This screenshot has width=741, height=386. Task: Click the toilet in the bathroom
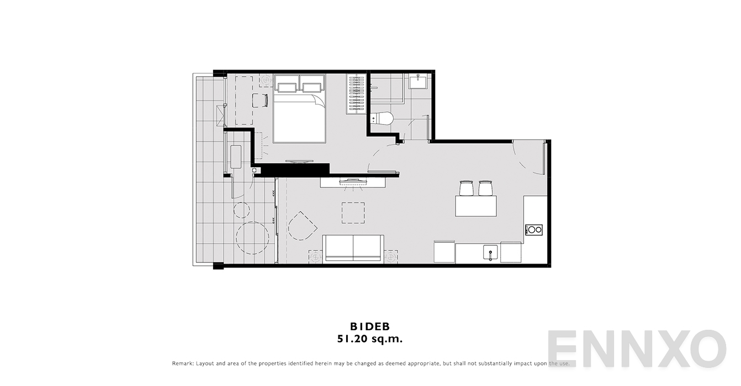coord(382,119)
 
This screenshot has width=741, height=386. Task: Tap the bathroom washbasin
coord(418,81)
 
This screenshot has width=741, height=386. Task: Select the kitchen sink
coord(490,252)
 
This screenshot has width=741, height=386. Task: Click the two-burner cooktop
coord(534,230)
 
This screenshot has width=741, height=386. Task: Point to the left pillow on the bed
coord(287,87)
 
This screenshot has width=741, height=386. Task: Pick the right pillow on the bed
coord(312,87)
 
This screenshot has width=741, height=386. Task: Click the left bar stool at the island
coord(467,188)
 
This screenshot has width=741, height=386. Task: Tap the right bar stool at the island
coord(485,188)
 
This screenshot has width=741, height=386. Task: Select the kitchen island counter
coord(476,206)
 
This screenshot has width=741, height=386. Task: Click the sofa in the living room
coord(353,249)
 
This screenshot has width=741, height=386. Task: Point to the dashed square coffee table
coord(353,213)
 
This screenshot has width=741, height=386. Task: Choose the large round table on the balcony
coord(252,238)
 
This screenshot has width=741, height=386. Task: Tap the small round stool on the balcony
coord(241,210)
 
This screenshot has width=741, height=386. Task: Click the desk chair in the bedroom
coord(260,100)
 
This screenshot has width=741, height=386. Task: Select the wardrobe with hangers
coord(356,94)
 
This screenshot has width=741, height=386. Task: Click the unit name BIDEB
coord(370,326)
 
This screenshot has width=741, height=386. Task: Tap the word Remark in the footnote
coord(182,363)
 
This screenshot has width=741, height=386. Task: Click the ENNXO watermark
coord(637,349)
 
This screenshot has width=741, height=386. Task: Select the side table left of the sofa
coord(315,256)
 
